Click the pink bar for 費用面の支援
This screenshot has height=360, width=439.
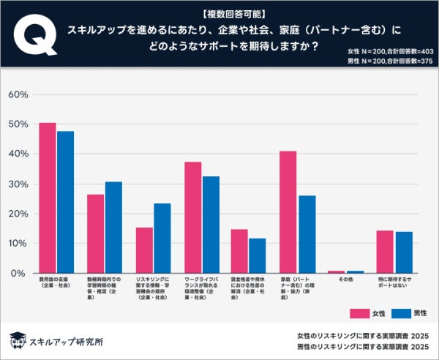(x=48, y=198)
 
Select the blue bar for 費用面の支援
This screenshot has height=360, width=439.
(x=66, y=202)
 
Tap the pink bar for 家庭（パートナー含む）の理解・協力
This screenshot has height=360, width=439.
(x=288, y=211)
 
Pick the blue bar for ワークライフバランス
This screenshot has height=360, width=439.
(x=210, y=224)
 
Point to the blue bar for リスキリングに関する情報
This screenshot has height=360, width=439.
(x=162, y=238)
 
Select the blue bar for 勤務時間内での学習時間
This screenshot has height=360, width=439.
(x=113, y=227)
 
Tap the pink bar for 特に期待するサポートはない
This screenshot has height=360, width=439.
(x=385, y=252)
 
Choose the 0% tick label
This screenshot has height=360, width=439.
(x=20, y=273)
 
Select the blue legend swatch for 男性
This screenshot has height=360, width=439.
(x=401, y=313)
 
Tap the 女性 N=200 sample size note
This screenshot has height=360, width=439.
(x=390, y=50)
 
